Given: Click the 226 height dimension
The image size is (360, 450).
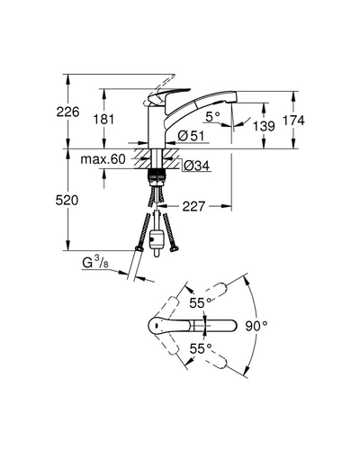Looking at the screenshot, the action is coord(68,112).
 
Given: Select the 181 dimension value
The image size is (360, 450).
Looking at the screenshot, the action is coord(103,120).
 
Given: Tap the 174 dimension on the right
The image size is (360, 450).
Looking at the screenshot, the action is coord(293,121).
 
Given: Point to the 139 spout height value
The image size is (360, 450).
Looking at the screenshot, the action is coord(264,126).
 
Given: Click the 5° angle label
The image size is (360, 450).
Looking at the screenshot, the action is coord(213,116).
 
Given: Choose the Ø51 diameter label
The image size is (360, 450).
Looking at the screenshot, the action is coord(191,136).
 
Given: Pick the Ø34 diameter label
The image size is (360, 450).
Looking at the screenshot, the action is coord(197,166).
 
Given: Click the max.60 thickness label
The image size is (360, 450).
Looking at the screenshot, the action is coord(103,159).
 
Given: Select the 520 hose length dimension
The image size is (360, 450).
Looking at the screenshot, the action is coord(67,200).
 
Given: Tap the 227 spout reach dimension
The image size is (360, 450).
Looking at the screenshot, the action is coord(193,206).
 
